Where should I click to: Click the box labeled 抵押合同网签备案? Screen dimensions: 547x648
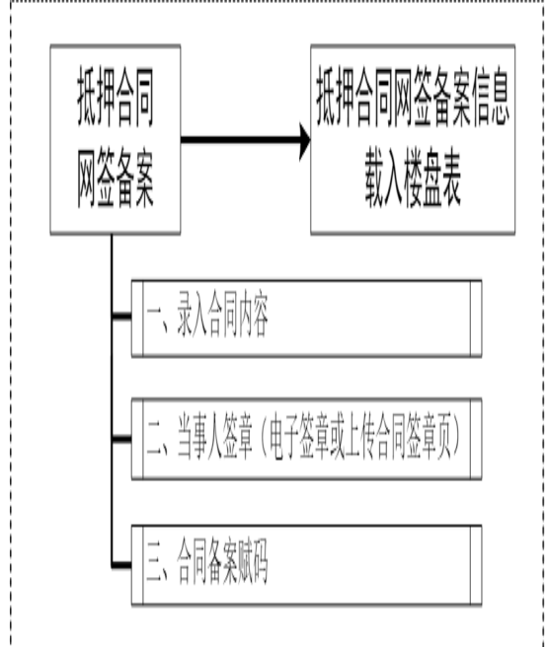115,140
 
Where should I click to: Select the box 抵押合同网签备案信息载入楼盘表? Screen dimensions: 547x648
413,140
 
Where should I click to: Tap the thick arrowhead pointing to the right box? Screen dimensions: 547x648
305,140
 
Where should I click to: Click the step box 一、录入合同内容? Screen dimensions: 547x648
307,319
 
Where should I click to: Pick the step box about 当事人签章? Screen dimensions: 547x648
307,439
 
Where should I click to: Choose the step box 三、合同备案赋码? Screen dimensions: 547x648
307,565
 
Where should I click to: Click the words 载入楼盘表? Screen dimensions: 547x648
413,182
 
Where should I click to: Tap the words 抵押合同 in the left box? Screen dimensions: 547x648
115,98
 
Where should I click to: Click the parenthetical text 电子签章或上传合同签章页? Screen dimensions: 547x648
360,439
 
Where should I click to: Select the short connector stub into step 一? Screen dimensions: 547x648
121,317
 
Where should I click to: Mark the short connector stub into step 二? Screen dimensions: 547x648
121,439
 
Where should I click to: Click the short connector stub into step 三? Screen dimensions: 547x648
121,564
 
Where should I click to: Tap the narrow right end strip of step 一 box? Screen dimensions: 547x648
476,319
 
